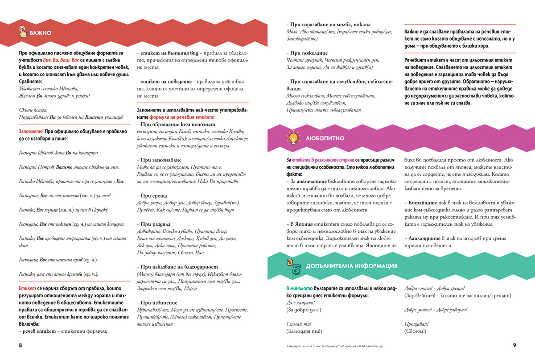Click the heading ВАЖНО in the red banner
(41, 33)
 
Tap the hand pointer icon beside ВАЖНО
(23, 32)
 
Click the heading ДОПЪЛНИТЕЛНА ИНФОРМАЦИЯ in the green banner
(352, 266)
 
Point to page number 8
(20, 345)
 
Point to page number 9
(514, 345)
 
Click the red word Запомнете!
(31, 132)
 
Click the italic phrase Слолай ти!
(298, 324)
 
